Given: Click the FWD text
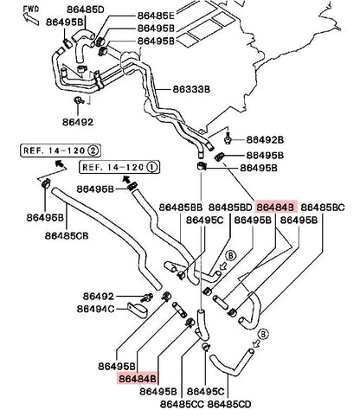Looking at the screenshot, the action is (x=31, y=9).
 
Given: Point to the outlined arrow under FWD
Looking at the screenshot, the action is (x=31, y=19).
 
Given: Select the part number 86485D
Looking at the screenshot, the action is (x=86, y=10).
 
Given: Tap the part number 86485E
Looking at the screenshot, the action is (x=156, y=16).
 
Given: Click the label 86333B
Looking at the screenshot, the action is (x=191, y=89).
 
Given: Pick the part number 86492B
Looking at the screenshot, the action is (x=265, y=140).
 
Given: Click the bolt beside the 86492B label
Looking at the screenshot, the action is (x=228, y=138).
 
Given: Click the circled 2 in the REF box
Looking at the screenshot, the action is (x=93, y=150).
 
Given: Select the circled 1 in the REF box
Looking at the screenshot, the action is (x=151, y=167).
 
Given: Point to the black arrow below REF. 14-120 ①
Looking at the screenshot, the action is (x=125, y=179).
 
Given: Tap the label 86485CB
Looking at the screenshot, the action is (x=67, y=236).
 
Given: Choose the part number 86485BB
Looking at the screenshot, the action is (x=181, y=208).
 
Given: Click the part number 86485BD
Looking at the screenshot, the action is (x=230, y=208).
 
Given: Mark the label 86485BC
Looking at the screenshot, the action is (x=323, y=208).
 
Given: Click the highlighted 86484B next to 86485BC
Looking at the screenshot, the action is (x=275, y=208).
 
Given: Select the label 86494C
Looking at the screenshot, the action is (x=96, y=309).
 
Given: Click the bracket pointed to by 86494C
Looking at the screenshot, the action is (x=137, y=310).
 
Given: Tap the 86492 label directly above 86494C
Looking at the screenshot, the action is (x=99, y=296).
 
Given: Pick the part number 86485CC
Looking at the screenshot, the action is (x=182, y=404).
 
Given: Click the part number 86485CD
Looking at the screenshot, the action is (x=229, y=404).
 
